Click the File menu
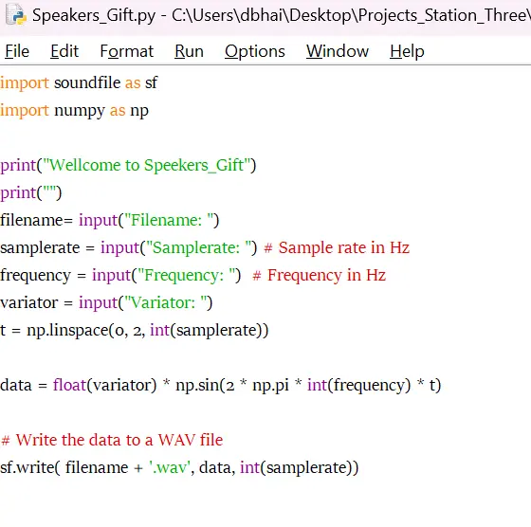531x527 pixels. (17, 51)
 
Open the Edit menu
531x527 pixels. (64, 51)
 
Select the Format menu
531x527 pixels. (127, 51)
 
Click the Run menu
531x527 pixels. (189, 51)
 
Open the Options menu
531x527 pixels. (255, 52)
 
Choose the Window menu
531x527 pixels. (338, 51)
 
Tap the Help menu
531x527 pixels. (407, 52)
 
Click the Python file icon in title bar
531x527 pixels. (16, 14)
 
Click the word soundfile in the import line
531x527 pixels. (87, 82)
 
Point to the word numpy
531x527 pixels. (80, 111)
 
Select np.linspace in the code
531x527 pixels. (67, 331)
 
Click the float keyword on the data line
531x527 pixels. (70, 385)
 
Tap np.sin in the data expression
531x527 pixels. (197, 385)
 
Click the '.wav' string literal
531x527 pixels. (170, 467)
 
